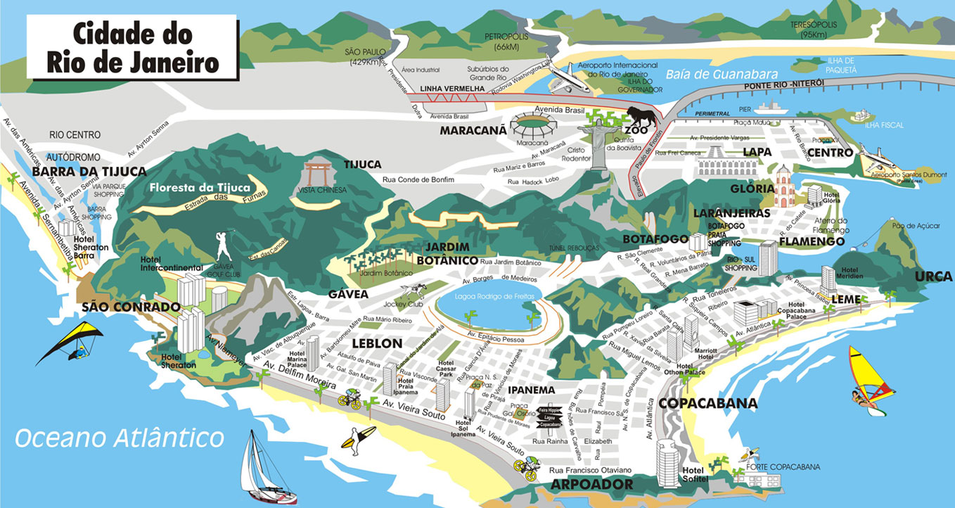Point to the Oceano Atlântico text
(120, 438)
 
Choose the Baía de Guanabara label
(722, 74)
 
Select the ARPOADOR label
(591, 485)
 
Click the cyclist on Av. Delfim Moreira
(350, 399)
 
